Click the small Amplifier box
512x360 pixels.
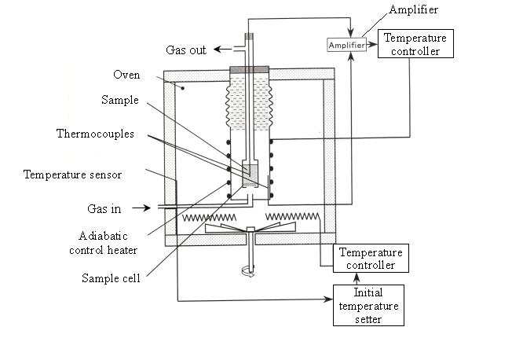pos(346,45)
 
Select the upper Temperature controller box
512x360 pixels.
pos(415,44)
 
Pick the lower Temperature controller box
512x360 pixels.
pos(371,259)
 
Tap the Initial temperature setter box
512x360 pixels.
pos(368,306)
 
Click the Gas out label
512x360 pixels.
pos(186,50)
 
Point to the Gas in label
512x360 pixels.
pos(104,208)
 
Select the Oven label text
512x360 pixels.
pos(126,75)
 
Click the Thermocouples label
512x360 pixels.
pos(95,134)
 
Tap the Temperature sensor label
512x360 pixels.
pos(72,174)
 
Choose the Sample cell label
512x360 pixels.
pos(111,278)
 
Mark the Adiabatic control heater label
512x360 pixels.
pos(103,243)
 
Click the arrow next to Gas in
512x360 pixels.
pos(141,208)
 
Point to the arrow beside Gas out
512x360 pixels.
pos(223,50)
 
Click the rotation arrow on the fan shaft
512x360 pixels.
pos(247,271)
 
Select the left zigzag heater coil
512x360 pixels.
pos(210,218)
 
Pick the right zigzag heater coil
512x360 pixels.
pos(292,216)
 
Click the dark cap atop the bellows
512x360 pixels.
pos(249,70)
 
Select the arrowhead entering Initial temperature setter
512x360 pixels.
pos(328,299)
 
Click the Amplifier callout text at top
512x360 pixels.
pos(413,9)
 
